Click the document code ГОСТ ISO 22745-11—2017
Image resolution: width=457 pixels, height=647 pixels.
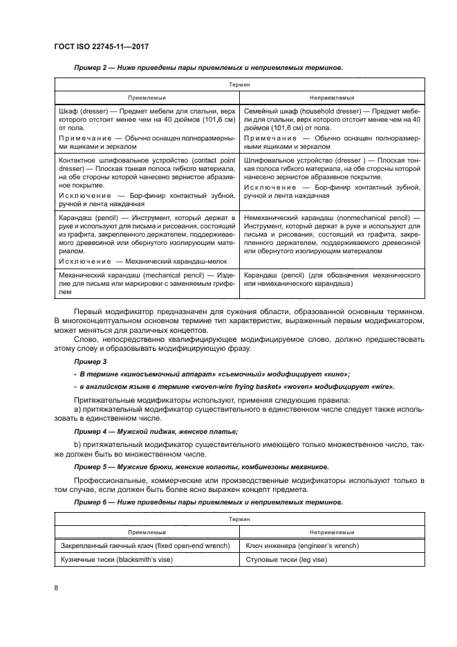(101, 46)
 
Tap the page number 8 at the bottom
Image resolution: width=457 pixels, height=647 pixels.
(55, 587)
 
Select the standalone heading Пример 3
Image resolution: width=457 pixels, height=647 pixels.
(90, 362)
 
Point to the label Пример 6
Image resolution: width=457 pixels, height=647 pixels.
(90, 501)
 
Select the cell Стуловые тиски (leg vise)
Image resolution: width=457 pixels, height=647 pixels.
(281, 560)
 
